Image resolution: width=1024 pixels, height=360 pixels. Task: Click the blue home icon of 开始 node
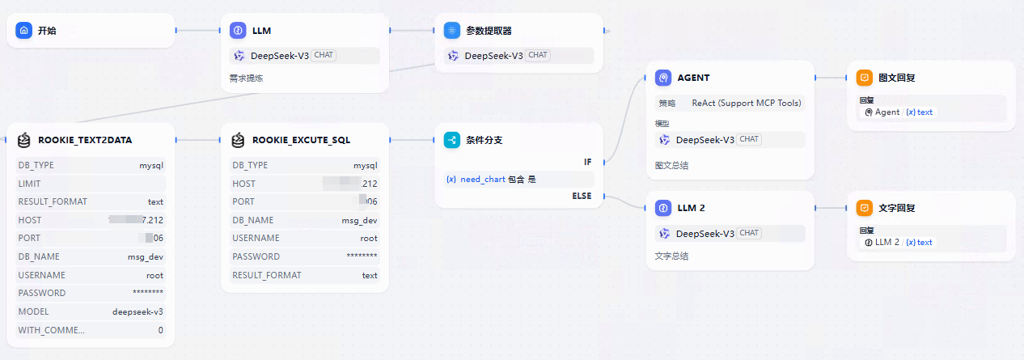coord(24,31)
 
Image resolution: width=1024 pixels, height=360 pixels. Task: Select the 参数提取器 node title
coord(489,31)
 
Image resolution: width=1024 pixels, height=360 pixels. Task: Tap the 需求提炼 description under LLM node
coord(246,78)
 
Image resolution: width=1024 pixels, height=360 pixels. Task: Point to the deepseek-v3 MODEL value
coord(138,311)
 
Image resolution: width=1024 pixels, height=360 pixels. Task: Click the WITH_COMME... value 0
coord(160,330)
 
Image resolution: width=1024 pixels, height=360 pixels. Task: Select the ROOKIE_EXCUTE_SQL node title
coord(302,140)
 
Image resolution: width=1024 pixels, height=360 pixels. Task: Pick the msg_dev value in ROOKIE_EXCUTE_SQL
coord(359,220)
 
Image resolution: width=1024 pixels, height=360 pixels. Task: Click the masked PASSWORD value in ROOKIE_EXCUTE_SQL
coord(362,256)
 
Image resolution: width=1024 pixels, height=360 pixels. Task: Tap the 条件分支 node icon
coord(452,140)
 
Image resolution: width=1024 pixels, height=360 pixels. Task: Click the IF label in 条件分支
coord(588,163)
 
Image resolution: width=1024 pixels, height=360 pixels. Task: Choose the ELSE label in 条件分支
coord(582,196)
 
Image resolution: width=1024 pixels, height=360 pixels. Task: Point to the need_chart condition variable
coord(483,179)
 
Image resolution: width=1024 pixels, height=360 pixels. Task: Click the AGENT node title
coord(692,78)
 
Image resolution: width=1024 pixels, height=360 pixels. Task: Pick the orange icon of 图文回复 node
coord(865,78)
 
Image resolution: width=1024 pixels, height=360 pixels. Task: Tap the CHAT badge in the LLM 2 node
coord(749,233)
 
